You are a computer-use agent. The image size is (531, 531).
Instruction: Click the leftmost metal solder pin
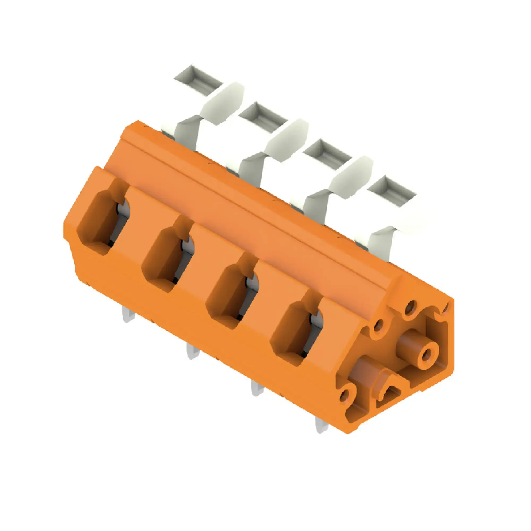pos(129,315)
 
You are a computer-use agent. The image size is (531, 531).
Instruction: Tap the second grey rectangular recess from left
pos(263,117)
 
